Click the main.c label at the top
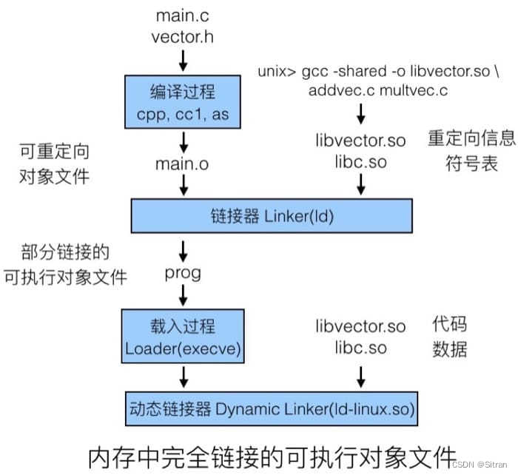[182, 15]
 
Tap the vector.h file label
[182, 36]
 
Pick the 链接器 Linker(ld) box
[272, 215]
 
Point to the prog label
[183, 274]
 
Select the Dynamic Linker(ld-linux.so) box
[272, 408]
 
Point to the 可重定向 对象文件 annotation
[53, 164]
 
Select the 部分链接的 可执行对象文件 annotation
[64, 265]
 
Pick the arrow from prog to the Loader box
[183, 297]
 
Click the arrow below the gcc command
[360, 114]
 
